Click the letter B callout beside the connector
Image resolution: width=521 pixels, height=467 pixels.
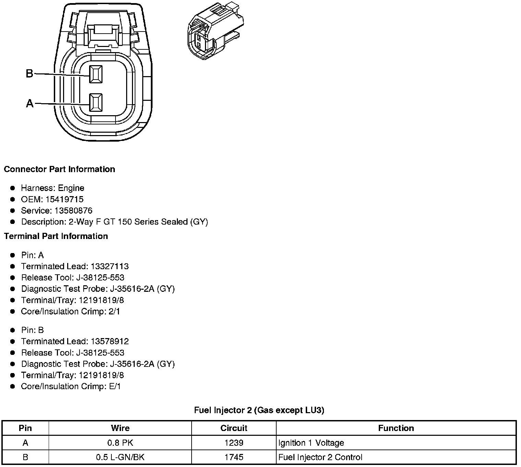pyautogui.click(x=29, y=73)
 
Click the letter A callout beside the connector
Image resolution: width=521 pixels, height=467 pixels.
pyautogui.click(x=30, y=103)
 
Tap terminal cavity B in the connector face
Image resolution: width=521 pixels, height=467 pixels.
pyautogui.click(x=96, y=74)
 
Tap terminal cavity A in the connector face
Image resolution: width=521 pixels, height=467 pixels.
pyautogui.click(x=96, y=103)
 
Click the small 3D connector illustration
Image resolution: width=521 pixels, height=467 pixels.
pyautogui.click(x=215, y=32)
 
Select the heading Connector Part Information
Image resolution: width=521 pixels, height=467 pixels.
pyautogui.click(x=60, y=169)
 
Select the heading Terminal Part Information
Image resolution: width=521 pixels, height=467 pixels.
pyautogui.click(x=56, y=236)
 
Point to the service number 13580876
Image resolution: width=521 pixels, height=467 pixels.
pyautogui.click(x=73, y=211)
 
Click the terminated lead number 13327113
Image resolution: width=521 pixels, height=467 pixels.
pyautogui.click(x=110, y=266)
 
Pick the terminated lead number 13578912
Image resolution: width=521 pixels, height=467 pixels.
pyautogui.click(x=110, y=342)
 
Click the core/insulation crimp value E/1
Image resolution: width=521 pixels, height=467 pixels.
pyautogui.click(x=115, y=386)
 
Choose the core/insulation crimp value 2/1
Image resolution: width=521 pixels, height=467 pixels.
pyautogui.click(x=114, y=311)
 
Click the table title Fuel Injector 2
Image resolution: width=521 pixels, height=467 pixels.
pyautogui.click(x=259, y=410)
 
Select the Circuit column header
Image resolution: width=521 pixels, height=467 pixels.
pyautogui.click(x=234, y=428)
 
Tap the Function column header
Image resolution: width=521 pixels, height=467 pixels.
pyautogui.click(x=396, y=428)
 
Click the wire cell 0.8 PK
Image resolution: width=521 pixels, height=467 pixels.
pyautogui.click(x=120, y=443)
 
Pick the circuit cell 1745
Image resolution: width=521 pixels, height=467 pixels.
pyautogui.click(x=234, y=457)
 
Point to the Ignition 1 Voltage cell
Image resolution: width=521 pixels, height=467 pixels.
pyautogui.click(x=311, y=443)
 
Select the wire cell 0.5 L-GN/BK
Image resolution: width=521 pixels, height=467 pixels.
pyautogui.click(x=120, y=457)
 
